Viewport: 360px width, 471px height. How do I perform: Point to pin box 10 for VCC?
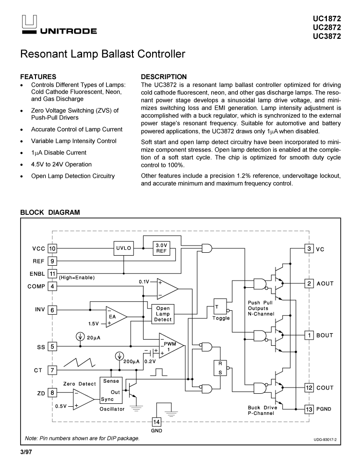pyautogui.click(x=52, y=248)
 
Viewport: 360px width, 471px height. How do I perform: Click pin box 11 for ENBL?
pyautogui.click(x=52, y=273)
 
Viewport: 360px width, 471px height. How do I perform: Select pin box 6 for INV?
pyautogui.click(x=52, y=310)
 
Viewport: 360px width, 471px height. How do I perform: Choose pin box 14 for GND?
pyautogui.click(x=156, y=422)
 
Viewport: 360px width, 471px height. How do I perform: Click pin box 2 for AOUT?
pyautogui.click(x=310, y=283)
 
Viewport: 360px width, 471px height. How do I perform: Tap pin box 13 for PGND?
pyautogui.click(x=310, y=409)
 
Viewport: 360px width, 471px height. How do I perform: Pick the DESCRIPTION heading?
pyautogui.click(x=164, y=77)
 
